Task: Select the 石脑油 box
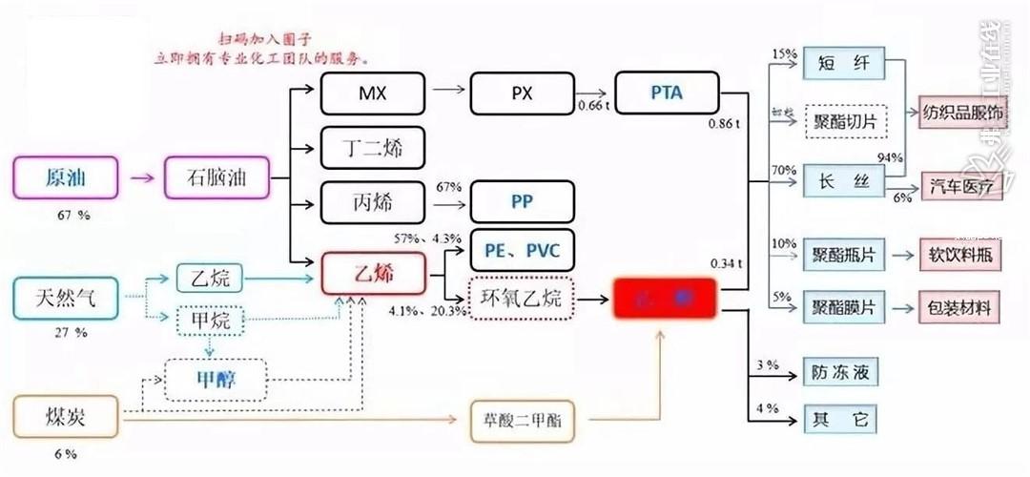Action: coord(217,177)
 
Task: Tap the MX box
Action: coord(372,93)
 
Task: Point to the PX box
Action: coord(523,93)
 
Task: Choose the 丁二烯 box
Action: coord(372,147)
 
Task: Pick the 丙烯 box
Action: coord(372,201)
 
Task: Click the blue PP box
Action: coord(523,201)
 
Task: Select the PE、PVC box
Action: coord(523,250)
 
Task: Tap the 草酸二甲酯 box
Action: coord(523,418)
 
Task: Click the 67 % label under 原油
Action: coord(73,216)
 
